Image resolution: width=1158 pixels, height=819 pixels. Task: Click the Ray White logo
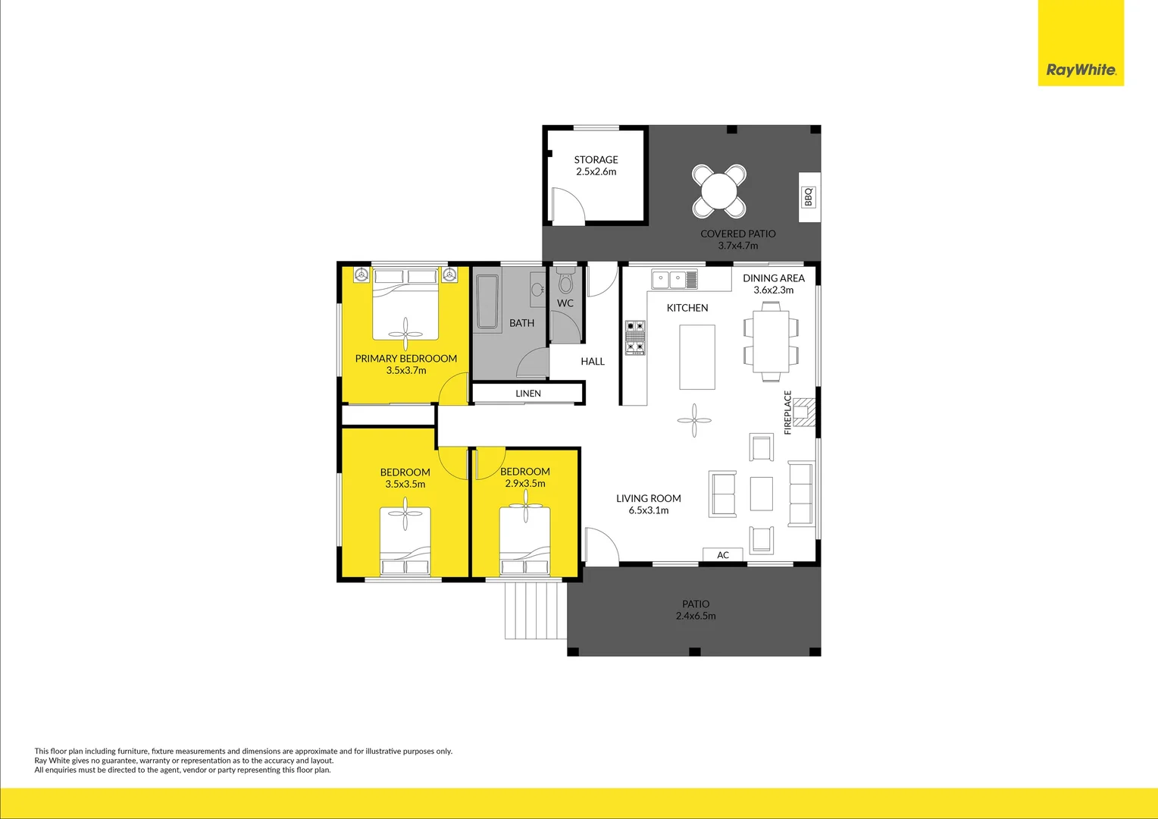coord(1081,70)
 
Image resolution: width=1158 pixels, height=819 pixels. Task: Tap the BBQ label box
coord(809,197)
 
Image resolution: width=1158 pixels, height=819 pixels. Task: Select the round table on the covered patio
coord(718,190)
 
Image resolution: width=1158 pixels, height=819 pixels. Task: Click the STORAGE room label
coord(596,160)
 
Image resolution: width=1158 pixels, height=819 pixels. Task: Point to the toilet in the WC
coord(565,282)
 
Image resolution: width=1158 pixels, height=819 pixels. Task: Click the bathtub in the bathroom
coord(487,302)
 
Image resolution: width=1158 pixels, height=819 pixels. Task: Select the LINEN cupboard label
coord(528,394)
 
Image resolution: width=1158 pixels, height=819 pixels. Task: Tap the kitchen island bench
coord(696,356)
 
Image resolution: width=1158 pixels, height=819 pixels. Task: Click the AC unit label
coord(723,555)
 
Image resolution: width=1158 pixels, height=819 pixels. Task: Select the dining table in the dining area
coord(771,340)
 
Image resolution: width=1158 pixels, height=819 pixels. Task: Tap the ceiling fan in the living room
coord(694,420)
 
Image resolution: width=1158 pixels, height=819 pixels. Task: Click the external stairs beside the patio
coord(535,610)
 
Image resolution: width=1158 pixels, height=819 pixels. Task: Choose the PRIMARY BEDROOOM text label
coord(406,359)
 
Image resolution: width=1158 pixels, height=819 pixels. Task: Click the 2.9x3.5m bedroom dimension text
coord(525,484)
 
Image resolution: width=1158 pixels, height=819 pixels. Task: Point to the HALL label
coord(593,362)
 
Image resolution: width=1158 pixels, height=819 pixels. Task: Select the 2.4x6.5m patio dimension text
coord(696,616)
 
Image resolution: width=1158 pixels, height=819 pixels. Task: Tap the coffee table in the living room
coord(761,494)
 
